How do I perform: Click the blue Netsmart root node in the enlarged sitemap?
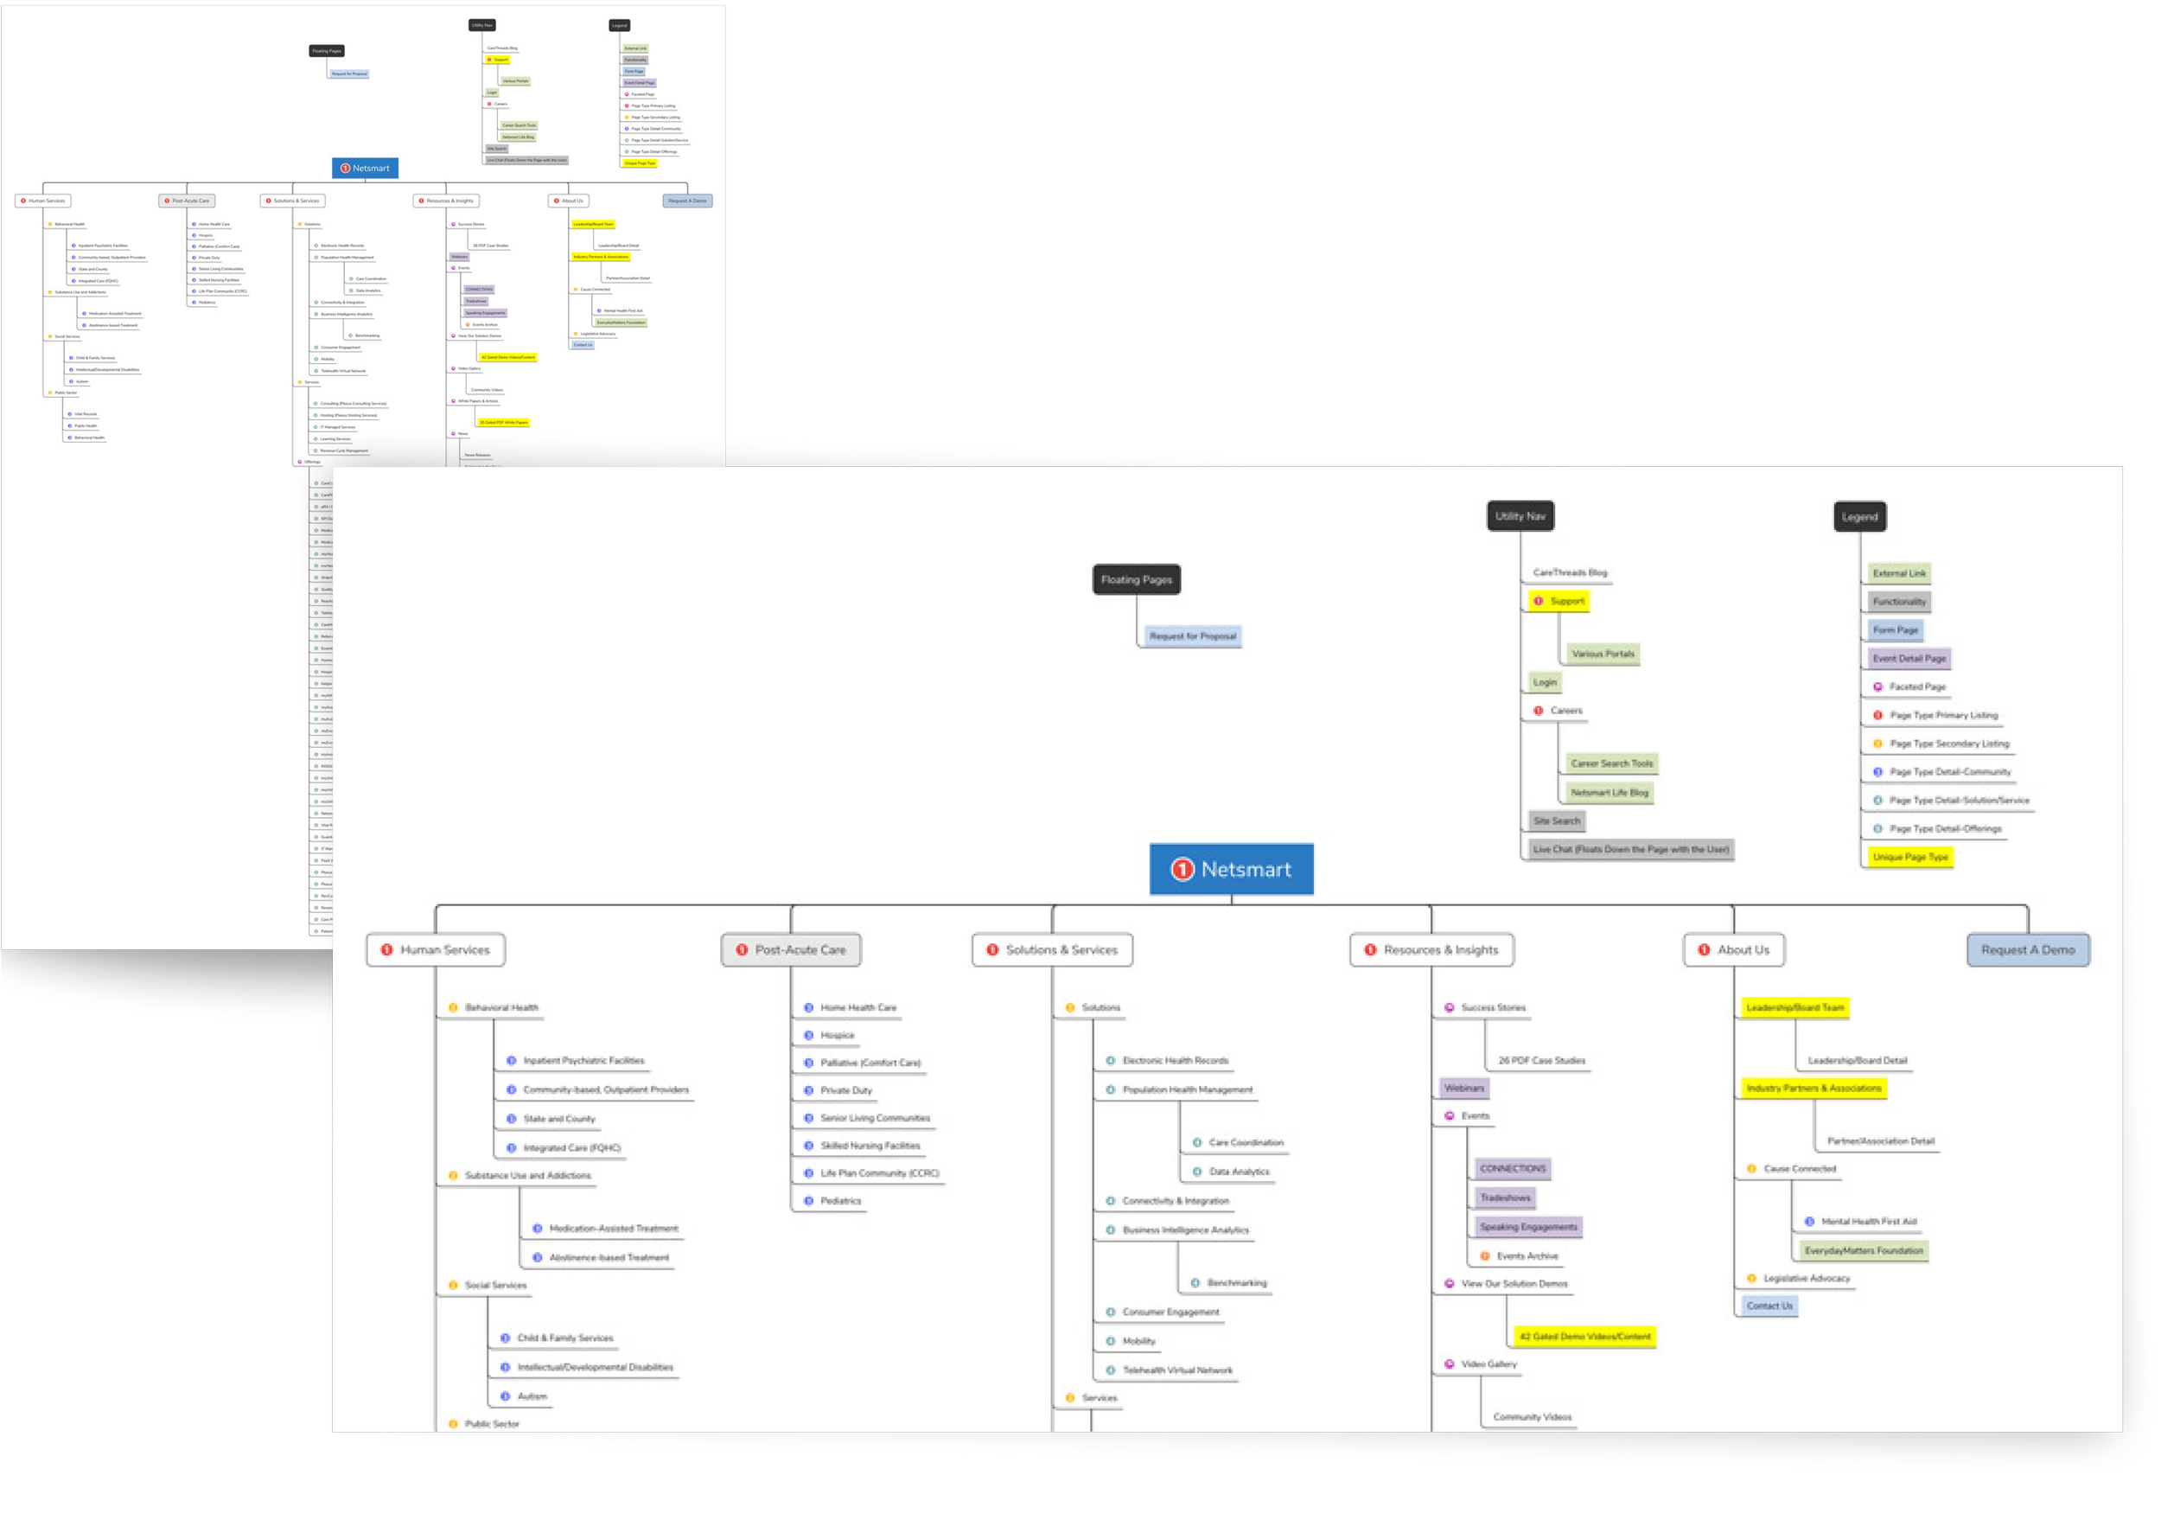pos(1231,869)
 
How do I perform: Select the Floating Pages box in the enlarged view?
pos(1136,579)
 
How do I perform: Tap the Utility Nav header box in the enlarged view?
pos(1520,515)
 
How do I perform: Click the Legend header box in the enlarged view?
pos(1858,516)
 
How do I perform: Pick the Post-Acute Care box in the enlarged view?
pos(791,949)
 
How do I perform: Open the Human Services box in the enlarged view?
pos(436,949)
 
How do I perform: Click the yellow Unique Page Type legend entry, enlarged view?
pos(1910,857)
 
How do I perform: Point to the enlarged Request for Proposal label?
pos(1193,635)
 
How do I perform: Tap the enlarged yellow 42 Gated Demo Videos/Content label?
pos(1584,1336)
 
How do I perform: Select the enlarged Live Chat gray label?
pos(1630,849)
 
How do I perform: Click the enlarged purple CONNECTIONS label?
pos(1512,1168)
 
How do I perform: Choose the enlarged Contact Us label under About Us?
pos(1769,1306)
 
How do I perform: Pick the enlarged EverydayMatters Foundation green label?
pos(1863,1251)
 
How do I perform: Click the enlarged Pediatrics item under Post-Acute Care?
pos(840,1201)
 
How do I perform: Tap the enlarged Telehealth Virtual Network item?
pos(1176,1370)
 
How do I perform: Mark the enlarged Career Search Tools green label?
pos(1610,763)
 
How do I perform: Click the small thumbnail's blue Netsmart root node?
pos(365,168)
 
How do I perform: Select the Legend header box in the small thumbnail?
pos(619,26)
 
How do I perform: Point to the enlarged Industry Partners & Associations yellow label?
pos(1814,1088)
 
